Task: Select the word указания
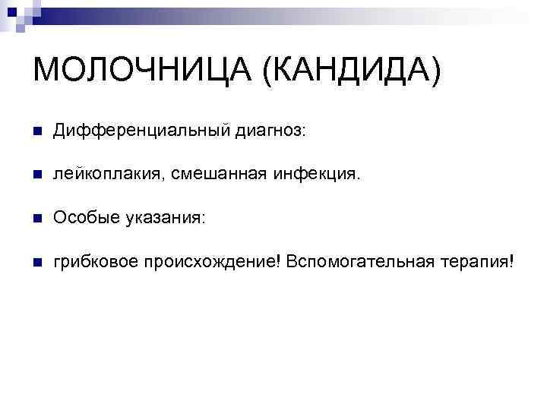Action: (160, 219)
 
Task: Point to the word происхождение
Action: (212, 262)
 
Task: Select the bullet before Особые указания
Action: (37, 219)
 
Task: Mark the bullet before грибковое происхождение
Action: (37, 262)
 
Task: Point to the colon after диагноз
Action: (305, 133)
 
